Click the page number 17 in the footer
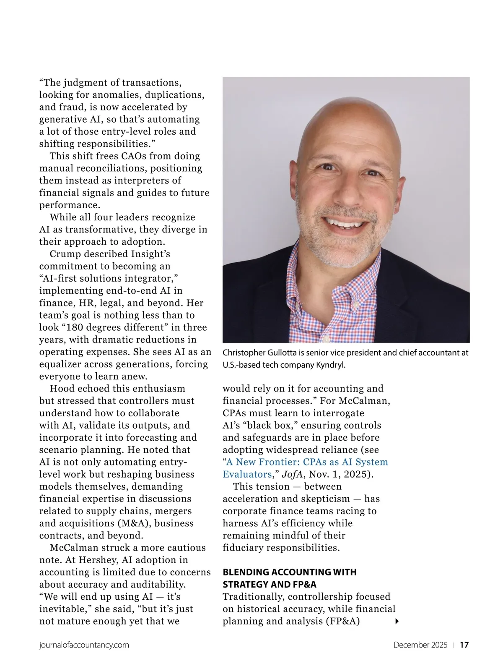(x=464, y=645)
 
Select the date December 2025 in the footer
(x=420, y=645)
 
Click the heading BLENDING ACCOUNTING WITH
(x=289, y=572)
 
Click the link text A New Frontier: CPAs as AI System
(x=307, y=462)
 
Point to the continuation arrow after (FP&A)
(x=397, y=621)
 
